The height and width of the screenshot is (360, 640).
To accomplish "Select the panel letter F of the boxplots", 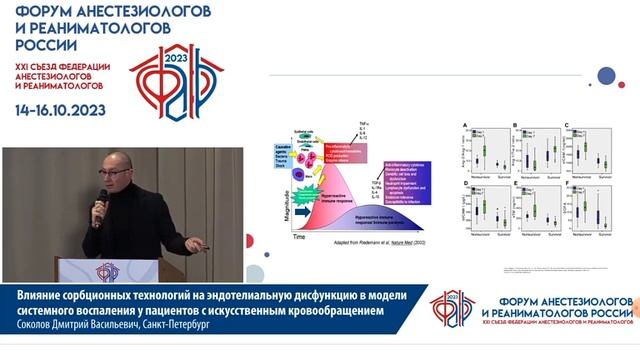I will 567,183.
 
